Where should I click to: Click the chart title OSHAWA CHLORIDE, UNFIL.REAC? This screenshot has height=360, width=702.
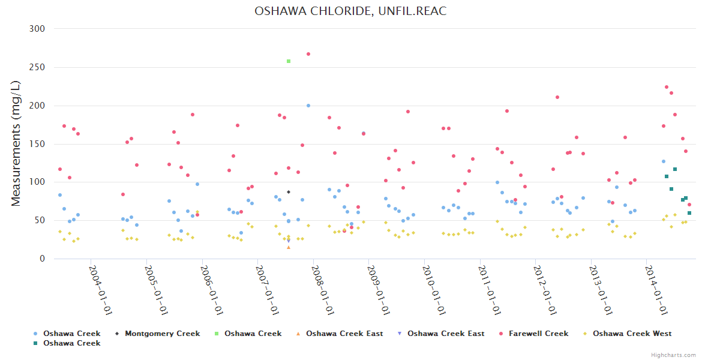(350, 11)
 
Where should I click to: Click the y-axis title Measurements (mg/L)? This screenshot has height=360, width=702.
(16, 144)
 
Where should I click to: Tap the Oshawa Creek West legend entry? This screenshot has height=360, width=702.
(632, 334)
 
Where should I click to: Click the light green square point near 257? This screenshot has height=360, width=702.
(289, 61)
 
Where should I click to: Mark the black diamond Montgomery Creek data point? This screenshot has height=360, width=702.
(289, 192)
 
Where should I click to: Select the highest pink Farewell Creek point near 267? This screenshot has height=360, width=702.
(308, 54)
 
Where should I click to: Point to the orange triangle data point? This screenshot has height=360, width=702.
(289, 247)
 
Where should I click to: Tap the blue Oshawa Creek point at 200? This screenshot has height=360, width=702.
(308, 106)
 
